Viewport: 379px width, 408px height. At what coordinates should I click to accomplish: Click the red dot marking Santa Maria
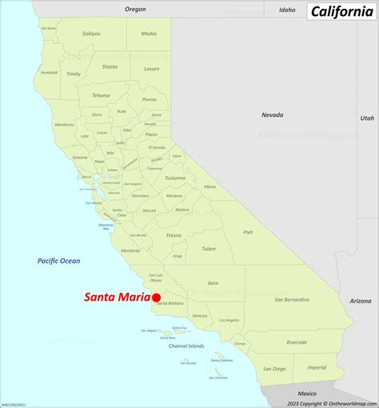point(157,297)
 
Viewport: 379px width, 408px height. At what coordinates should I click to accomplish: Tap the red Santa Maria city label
point(117,298)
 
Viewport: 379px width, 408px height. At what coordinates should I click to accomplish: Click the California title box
point(340,10)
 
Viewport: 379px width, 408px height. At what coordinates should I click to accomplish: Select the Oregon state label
point(136,9)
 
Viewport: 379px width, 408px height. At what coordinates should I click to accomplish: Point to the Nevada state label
point(272,115)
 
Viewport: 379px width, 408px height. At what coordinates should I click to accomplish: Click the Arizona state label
point(361,301)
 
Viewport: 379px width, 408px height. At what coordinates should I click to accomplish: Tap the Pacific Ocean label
point(58,261)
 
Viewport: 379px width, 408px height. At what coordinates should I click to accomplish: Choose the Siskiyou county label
point(91,34)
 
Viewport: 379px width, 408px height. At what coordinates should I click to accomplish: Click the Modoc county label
point(149,34)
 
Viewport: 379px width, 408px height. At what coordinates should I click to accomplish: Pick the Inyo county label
point(248,232)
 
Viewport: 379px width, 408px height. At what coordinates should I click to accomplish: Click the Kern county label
point(213,283)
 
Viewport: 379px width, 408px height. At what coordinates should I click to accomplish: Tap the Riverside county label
point(297,342)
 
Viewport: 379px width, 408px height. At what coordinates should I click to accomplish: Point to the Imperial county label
point(317,367)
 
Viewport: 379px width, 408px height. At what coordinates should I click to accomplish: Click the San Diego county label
point(273,369)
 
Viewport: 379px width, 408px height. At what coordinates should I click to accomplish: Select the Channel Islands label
point(186,346)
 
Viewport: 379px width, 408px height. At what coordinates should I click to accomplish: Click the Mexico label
point(307,394)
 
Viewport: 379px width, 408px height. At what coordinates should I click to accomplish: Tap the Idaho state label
point(287,10)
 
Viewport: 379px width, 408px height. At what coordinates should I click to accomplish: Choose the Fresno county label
point(174,236)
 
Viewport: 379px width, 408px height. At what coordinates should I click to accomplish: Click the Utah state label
point(366,118)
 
